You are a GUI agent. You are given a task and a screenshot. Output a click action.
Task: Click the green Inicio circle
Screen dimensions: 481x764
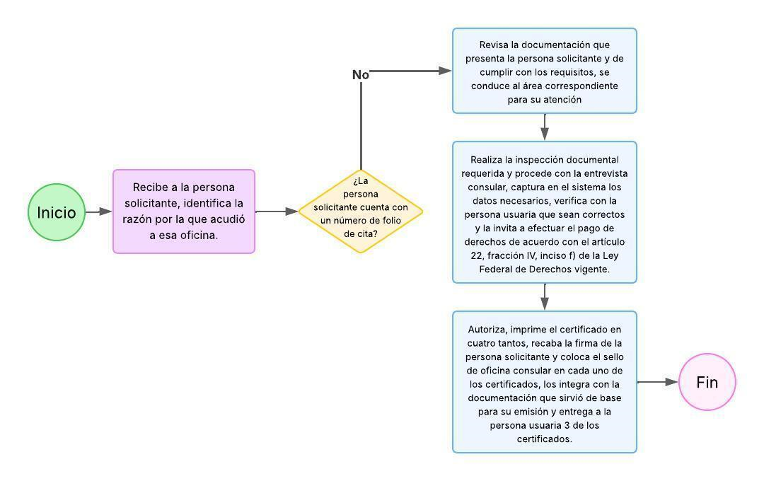tap(57, 212)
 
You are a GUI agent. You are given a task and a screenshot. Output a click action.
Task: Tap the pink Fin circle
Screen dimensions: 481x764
tap(707, 382)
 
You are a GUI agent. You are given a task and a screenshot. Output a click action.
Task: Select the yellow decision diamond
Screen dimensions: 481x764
tap(361, 211)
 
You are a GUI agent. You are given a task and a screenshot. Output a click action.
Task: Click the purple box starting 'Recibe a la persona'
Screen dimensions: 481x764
tap(184, 211)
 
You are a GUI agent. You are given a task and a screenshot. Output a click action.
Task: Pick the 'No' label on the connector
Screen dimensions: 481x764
tap(361, 75)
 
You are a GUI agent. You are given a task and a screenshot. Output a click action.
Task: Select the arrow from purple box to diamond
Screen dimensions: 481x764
tap(276, 211)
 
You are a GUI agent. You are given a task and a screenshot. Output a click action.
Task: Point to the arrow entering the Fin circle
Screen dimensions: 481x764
tap(658, 382)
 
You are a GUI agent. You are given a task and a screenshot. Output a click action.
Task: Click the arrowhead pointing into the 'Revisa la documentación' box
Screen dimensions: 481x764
tap(445, 71)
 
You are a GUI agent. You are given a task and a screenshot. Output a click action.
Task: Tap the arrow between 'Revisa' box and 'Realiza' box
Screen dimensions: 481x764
tap(545, 127)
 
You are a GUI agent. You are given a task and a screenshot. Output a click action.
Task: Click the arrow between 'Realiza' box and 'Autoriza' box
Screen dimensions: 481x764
tap(545, 297)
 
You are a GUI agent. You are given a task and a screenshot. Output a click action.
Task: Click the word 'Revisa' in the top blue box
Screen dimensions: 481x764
tap(494, 45)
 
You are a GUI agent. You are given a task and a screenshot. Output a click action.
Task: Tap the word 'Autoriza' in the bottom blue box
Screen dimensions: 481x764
tap(487, 329)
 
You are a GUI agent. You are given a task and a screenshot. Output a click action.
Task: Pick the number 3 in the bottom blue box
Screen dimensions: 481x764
tap(560, 425)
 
